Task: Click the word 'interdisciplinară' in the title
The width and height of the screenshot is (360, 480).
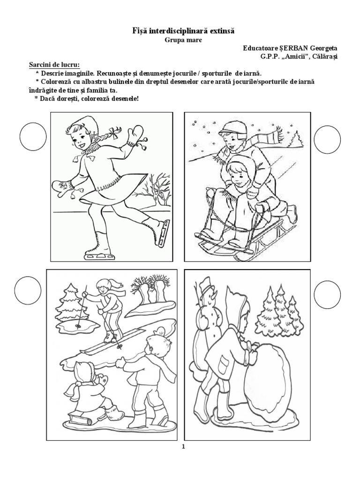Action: click(178, 31)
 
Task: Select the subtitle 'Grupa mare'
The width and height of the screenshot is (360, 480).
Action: click(183, 40)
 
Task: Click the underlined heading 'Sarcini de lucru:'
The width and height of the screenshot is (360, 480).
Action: click(54, 65)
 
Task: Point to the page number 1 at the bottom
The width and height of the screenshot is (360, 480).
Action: click(183, 446)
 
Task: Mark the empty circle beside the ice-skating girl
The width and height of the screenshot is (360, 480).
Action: click(33, 137)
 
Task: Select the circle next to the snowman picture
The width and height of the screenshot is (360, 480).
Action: click(327, 295)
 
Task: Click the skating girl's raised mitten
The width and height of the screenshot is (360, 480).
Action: click(135, 135)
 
